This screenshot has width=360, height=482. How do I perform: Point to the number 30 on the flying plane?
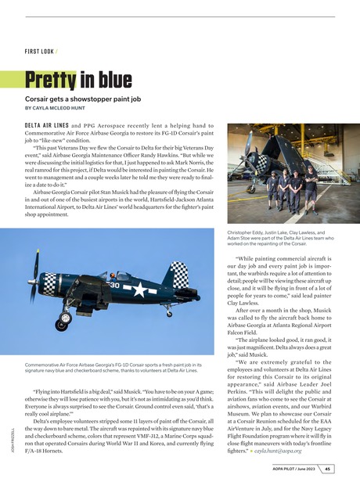[x=114, y=285]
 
